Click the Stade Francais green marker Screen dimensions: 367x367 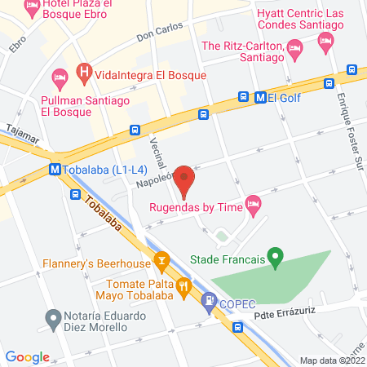[276, 260]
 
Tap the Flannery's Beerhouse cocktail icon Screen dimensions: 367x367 [161, 263]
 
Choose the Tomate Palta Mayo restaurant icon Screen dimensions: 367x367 [184, 286]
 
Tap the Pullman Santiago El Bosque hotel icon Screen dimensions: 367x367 [59, 78]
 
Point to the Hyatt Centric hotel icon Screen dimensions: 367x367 [326, 42]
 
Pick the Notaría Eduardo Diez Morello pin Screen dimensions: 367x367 [54, 316]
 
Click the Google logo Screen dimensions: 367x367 [27, 356]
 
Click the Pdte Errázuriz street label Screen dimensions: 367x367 [285, 313]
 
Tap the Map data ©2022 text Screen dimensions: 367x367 [332, 360]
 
